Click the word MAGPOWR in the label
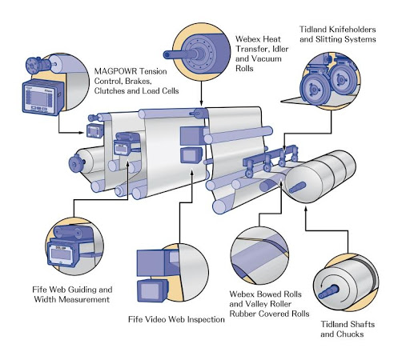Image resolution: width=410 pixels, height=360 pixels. click(x=116, y=71)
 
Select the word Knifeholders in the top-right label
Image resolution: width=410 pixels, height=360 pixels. click(x=353, y=30)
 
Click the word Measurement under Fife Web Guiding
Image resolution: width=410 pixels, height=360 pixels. click(x=72, y=299)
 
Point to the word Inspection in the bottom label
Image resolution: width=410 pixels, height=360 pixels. click(x=205, y=319)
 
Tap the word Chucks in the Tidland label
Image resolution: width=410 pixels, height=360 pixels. click(x=350, y=334)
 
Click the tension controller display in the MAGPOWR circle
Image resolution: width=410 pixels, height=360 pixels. click(x=39, y=98)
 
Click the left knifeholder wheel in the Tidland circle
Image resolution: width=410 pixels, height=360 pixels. click(x=315, y=88)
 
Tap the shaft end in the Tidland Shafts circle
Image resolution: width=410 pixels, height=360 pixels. click(x=328, y=291)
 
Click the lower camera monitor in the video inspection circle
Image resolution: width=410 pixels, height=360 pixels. click(x=151, y=290)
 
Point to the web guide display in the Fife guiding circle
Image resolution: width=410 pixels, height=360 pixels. click(x=62, y=254)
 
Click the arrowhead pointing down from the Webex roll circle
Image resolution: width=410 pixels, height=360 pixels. click(x=201, y=102)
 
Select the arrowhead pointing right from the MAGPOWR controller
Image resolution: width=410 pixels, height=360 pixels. click(x=82, y=133)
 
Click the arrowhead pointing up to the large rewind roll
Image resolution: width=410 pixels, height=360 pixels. click(x=306, y=208)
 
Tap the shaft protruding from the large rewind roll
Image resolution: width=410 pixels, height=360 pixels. click(x=297, y=187)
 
